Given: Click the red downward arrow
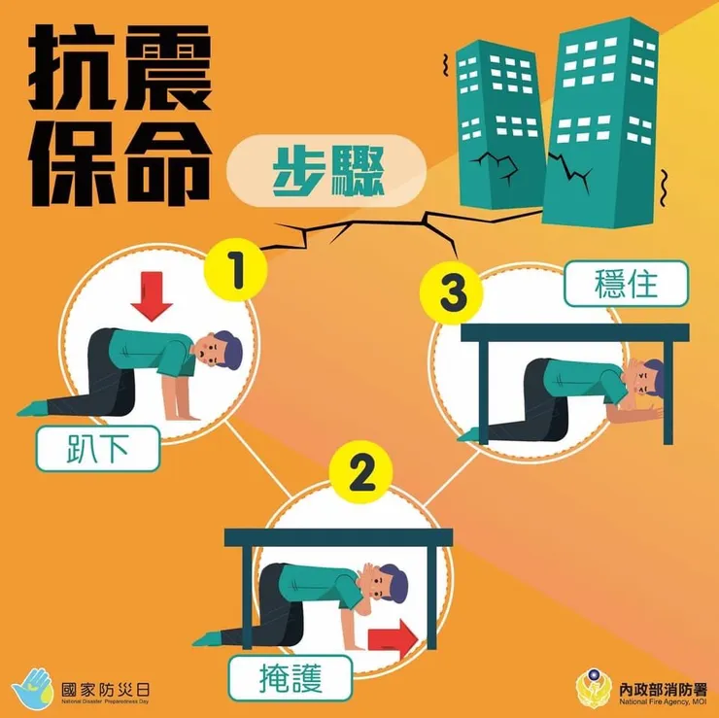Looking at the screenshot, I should tap(153, 297).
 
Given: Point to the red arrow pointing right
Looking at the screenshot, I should tap(393, 638).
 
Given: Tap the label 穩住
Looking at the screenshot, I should tap(626, 285).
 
